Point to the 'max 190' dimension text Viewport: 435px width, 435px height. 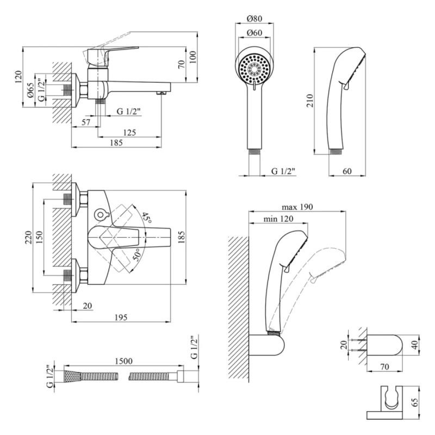297,208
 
